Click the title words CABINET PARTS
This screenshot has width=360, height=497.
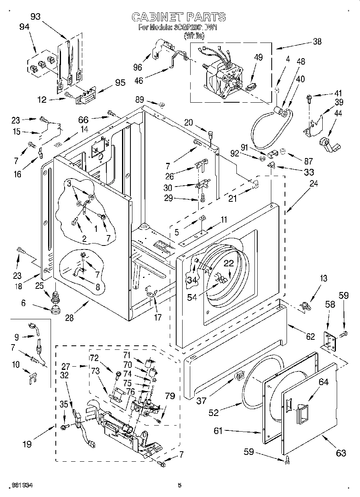click(x=179, y=17)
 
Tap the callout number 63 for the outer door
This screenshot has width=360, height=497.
click(x=341, y=453)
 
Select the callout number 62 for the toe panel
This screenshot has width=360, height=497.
click(x=310, y=337)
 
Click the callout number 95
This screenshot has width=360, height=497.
click(x=120, y=83)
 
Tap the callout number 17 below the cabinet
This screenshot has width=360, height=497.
click(x=158, y=317)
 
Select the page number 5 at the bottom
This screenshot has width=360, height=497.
click(x=180, y=485)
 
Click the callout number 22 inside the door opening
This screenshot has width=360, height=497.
click(x=228, y=264)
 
